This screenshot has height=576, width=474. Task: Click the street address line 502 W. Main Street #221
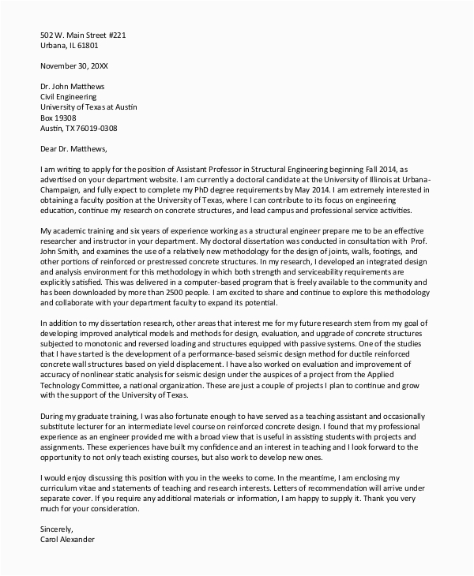[x=82, y=34]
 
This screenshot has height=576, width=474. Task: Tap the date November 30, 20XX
[x=74, y=67]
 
